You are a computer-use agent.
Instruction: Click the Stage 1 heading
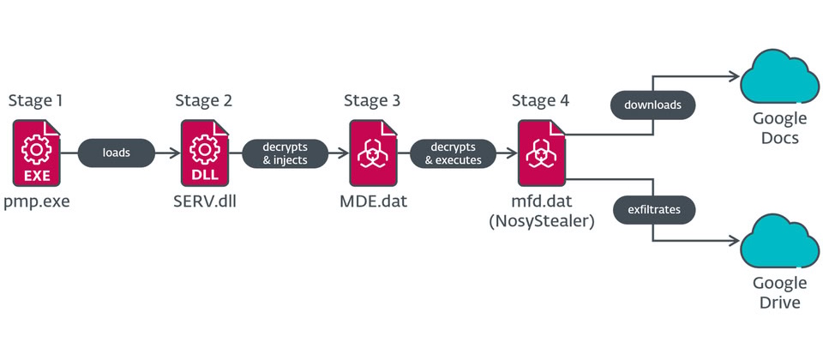click(35, 101)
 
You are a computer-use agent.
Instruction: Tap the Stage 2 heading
click(203, 101)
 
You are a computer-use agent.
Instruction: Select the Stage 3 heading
click(371, 101)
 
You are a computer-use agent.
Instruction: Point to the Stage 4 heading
click(539, 101)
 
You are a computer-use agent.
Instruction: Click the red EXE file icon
click(36, 154)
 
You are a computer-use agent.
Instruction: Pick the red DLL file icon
click(204, 154)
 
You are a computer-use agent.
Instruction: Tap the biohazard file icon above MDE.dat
click(372, 154)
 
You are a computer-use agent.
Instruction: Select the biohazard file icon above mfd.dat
click(540, 154)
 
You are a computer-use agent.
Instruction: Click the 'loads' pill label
click(117, 154)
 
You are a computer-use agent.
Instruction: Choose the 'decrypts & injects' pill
click(285, 153)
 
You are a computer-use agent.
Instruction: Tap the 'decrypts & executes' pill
click(453, 153)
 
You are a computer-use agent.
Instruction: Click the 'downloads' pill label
click(652, 106)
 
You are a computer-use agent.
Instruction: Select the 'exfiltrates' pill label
click(652, 207)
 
